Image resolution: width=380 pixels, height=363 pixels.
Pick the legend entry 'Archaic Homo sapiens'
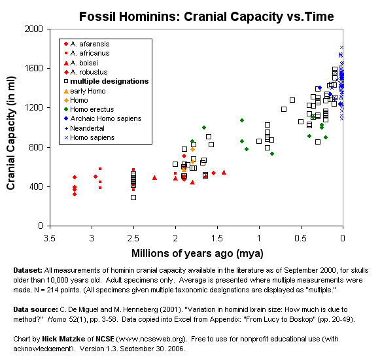pyautogui.click(x=105, y=119)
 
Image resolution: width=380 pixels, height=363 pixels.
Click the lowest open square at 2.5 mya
pyautogui.click(x=133, y=198)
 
